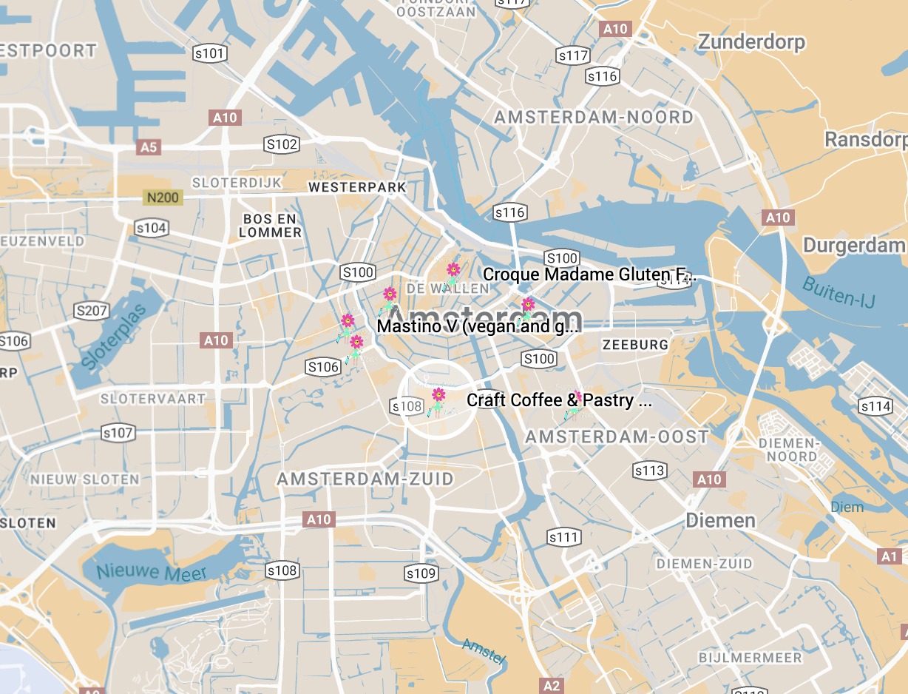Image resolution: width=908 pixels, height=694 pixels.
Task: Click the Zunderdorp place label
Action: tap(751, 41)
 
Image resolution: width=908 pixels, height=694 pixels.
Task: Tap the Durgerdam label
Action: tap(854, 246)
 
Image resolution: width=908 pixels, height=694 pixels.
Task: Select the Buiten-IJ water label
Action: tap(840, 291)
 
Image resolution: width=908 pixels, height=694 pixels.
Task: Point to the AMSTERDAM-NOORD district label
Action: tap(594, 117)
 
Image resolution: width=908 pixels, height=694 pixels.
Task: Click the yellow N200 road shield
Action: tap(163, 198)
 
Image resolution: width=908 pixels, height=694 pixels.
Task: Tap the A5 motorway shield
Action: tap(149, 147)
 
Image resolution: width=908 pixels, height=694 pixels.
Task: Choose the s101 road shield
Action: tap(209, 53)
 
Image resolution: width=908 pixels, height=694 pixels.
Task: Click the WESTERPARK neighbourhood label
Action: tap(357, 187)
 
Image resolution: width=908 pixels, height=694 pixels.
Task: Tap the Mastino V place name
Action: tap(478, 326)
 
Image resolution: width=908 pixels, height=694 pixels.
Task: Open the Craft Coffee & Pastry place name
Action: tap(559, 400)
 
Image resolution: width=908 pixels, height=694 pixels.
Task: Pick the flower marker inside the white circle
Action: tap(438, 397)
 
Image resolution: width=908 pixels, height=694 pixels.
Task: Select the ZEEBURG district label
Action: tap(635, 344)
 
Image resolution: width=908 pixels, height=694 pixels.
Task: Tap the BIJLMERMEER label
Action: tap(750, 658)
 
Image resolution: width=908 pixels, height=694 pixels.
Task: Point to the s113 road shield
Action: tap(650, 471)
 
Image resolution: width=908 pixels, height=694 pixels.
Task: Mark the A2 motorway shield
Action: tap(552, 685)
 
